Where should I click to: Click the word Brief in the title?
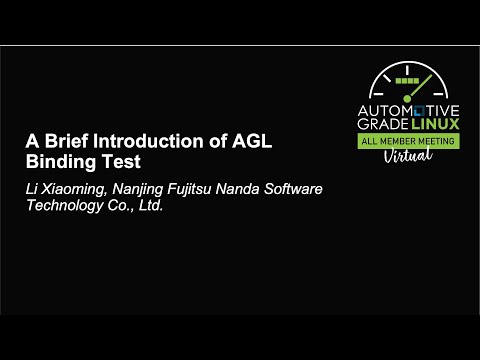pos(67,141)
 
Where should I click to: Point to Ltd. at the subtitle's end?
pos(148,206)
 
